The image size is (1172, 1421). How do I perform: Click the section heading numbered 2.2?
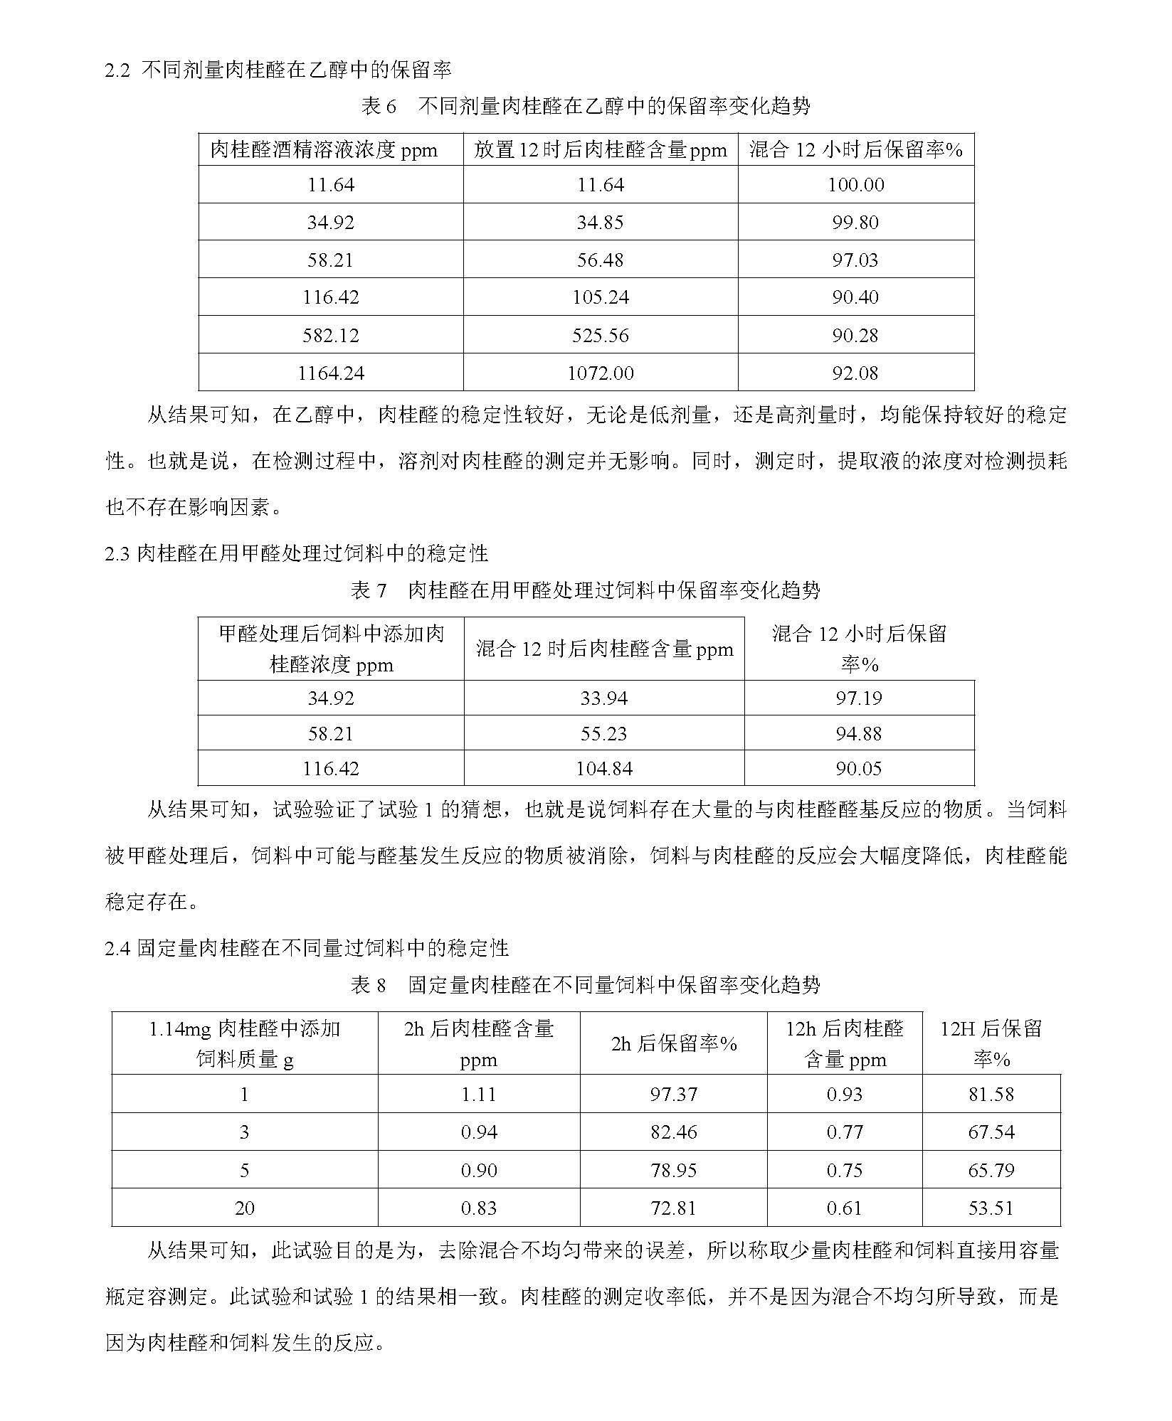pos(278,70)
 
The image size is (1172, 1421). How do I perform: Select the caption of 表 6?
pos(586,107)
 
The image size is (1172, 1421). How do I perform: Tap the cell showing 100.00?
pos(855,185)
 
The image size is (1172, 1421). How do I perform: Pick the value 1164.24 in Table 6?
pos(331,373)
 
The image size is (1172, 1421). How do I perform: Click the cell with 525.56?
pos(601,335)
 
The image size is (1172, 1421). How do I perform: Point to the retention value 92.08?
pos(855,373)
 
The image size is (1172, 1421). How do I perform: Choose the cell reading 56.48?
pos(601,260)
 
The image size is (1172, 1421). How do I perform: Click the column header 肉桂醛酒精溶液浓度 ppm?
pos(324,150)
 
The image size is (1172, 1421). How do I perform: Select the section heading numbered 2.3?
pos(297,553)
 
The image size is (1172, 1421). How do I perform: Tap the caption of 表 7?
pos(586,590)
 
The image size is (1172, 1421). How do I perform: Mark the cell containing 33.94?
pos(603,698)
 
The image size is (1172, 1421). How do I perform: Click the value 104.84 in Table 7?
pos(603,768)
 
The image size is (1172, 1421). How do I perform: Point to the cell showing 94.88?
pos(859,733)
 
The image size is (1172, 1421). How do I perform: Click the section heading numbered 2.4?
pos(307,948)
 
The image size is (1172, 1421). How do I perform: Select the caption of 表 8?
pos(586,985)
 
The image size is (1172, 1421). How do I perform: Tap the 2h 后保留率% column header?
pos(673,1043)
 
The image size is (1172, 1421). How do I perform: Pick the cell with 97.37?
pos(673,1095)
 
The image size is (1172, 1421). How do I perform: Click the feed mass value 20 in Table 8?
pos(244,1208)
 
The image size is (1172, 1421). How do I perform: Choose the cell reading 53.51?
pos(991,1208)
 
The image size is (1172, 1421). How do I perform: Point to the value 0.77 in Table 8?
pos(845,1132)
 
